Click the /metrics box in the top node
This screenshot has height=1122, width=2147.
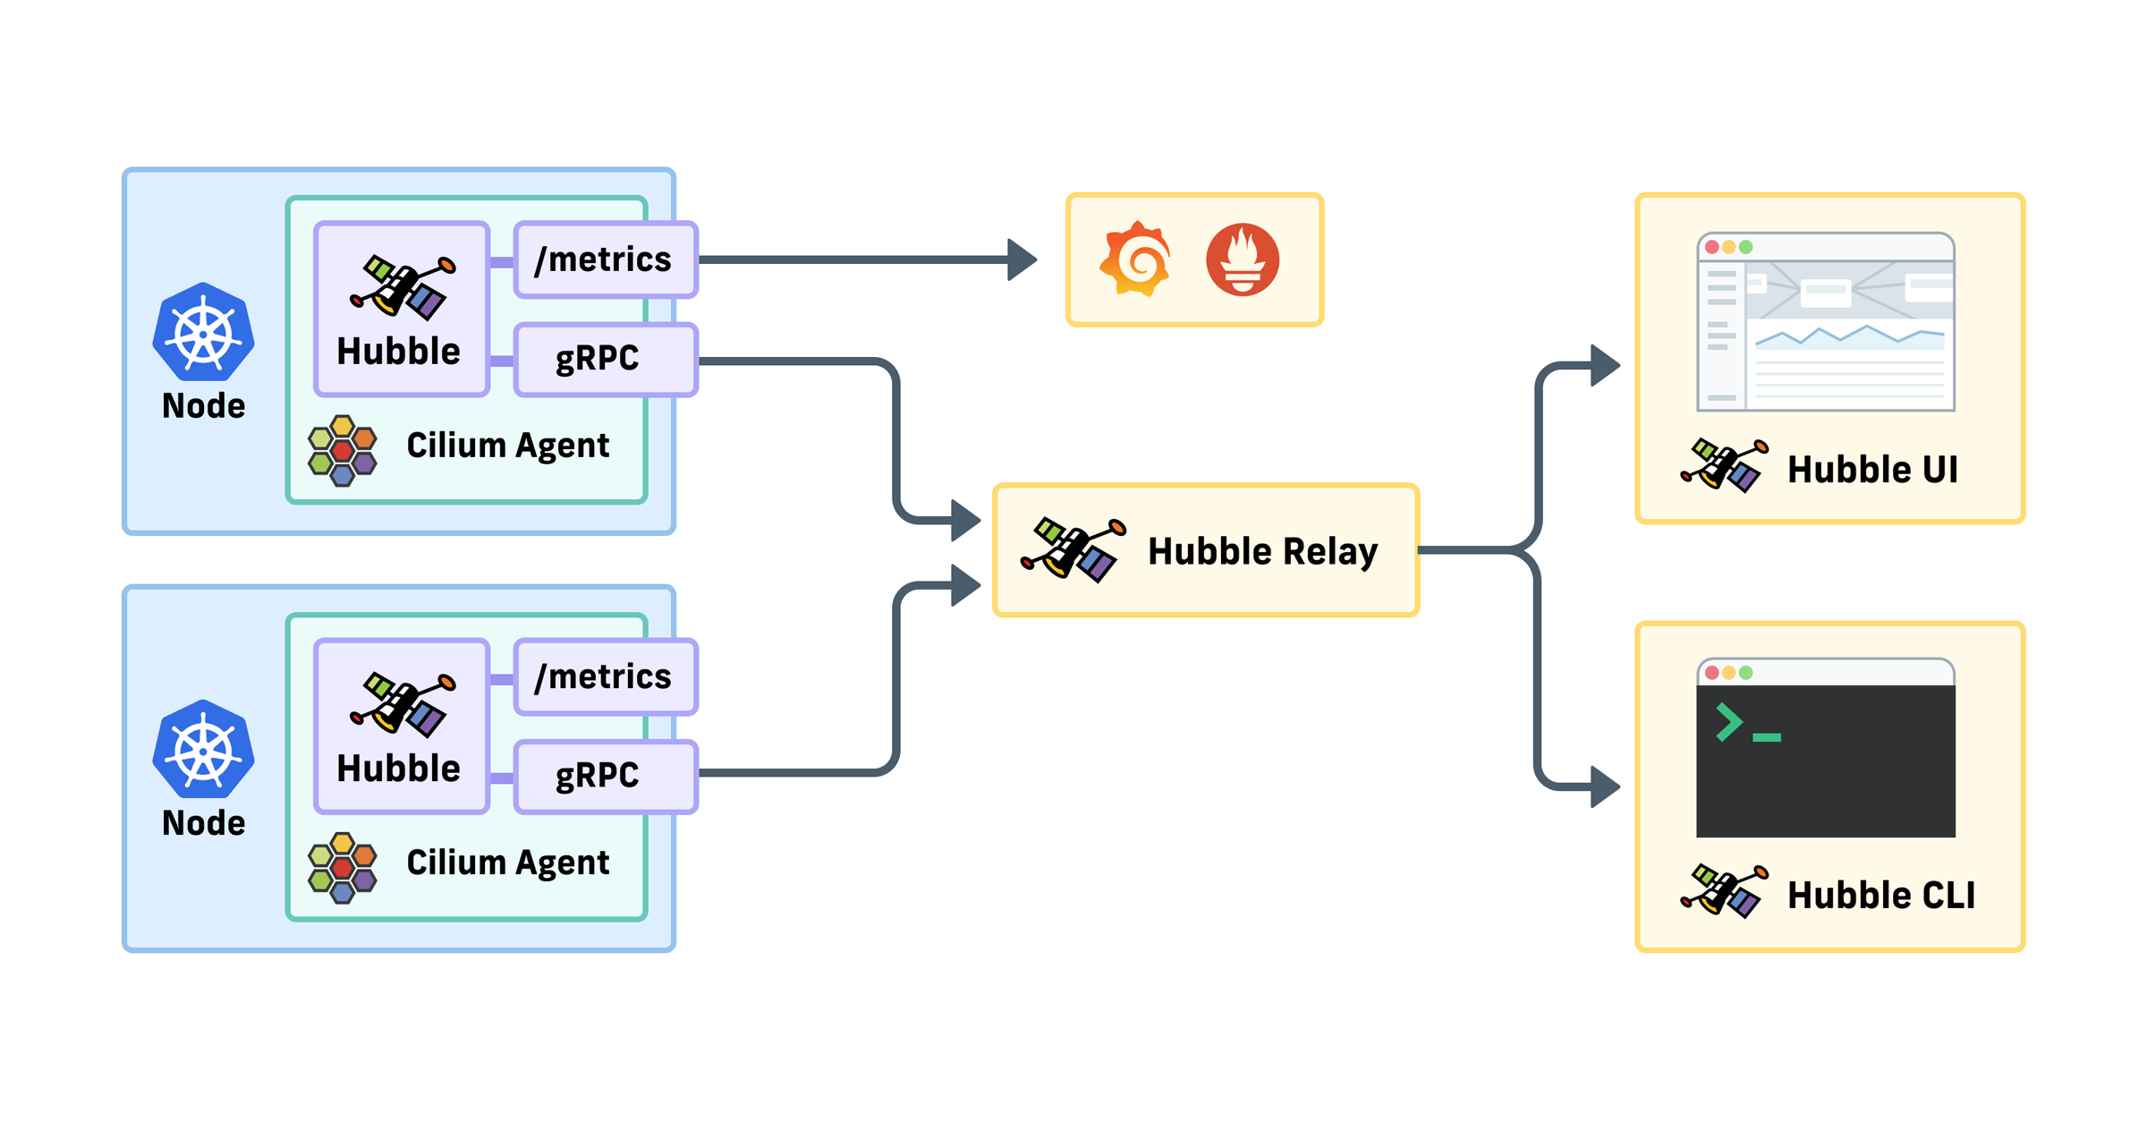click(606, 259)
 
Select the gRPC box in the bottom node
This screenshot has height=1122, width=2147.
click(606, 776)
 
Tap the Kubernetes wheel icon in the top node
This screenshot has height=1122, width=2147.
click(204, 332)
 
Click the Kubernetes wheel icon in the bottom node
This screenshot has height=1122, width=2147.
click(204, 749)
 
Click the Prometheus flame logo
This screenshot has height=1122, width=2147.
click(1243, 259)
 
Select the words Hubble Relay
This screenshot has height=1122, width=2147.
click(1262, 551)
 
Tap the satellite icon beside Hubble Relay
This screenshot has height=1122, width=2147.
click(1073, 549)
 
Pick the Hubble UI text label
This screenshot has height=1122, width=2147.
click(1872, 469)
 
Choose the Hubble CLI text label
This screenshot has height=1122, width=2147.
click(1881, 895)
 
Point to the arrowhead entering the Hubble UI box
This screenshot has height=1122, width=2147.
click(1606, 365)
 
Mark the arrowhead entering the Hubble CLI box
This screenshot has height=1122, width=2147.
click(1606, 787)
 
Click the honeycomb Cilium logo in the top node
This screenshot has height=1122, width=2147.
click(343, 450)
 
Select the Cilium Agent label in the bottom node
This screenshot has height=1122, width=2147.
click(508, 863)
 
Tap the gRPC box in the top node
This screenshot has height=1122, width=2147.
click(606, 359)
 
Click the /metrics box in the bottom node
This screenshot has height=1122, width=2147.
click(606, 676)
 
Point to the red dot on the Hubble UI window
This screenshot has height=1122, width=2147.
click(1712, 247)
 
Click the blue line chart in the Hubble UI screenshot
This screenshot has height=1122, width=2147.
click(1850, 336)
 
